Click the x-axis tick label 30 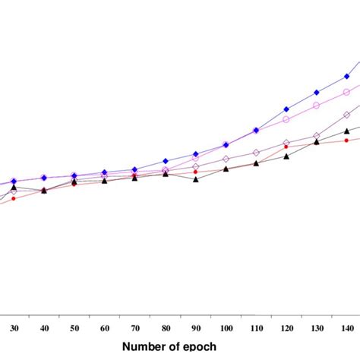[x=14, y=327]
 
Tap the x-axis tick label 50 [x=74, y=327]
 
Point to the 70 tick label [x=134, y=327]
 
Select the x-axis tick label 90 [x=195, y=327]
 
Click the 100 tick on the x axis [x=226, y=327]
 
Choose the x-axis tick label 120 [x=286, y=327]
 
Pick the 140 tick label [x=346, y=327]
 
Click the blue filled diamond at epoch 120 [x=286, y=109]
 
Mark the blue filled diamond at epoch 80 [x=166, y=161]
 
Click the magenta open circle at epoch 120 [x=286, y=119]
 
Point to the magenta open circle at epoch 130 [x=317, y=103]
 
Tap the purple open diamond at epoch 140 [x=346, y=115]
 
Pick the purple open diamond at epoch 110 [x=256, y=152]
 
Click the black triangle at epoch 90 [x=196, y=179]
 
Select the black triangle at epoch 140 [x=346, y=131]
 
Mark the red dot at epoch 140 [x=346, y=140]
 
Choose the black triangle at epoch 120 [x=286, y=156]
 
